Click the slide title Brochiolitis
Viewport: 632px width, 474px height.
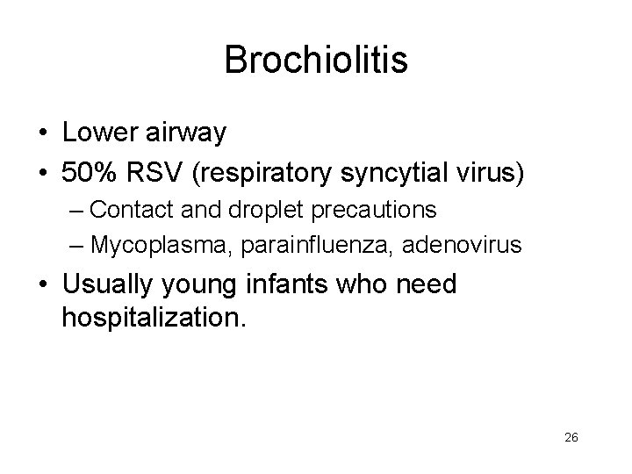[316, 60]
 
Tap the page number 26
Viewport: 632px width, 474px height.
[571, 438]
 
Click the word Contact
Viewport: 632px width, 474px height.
[130, 210]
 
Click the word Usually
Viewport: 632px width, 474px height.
[110, 285]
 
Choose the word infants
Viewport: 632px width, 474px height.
[305, 284]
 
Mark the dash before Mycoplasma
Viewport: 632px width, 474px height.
[75, 244]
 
